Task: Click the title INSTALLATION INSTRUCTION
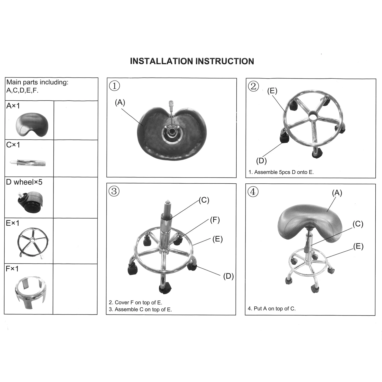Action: [x=192, y=61]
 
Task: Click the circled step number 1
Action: [x=114, y=86]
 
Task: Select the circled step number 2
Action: [x=253, y=86]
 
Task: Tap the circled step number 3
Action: [x=114, y=191]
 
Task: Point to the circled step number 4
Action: [x=253, y=192]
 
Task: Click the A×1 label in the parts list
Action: [x=13, y=106]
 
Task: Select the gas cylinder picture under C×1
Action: [x=28, y=162]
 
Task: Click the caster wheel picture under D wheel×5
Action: [x=30, y=201]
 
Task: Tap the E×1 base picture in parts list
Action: [x=32, y=241]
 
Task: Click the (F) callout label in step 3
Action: [x=215, y=220]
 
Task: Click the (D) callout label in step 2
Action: [x=261, y=161]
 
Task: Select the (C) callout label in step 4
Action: [x=358, y=224]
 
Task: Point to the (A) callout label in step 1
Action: [x=120, y=102]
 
